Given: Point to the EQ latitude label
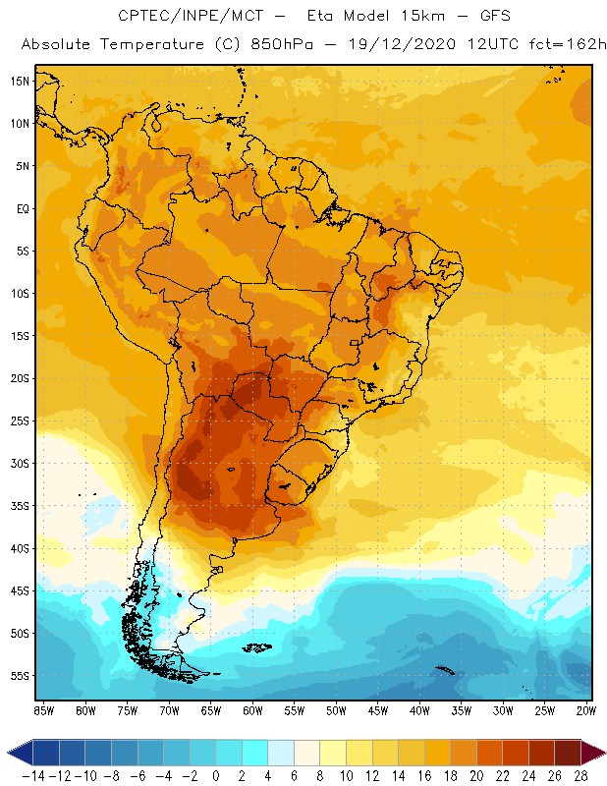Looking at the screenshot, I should coord(21,208).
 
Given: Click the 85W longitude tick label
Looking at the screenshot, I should coord(43,708).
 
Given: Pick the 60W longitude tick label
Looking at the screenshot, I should coord(252,708).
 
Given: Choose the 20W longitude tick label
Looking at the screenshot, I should coord(587,708).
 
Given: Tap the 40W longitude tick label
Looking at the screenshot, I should coord(420,708).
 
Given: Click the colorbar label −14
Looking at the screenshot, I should coord(33,776).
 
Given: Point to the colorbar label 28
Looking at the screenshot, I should coord(581,776).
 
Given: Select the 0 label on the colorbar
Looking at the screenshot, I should coord(216,776).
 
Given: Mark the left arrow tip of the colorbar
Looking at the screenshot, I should coord(9,753).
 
